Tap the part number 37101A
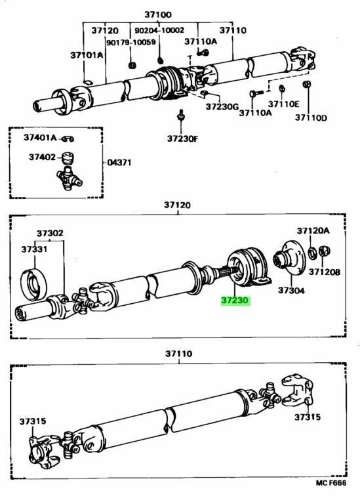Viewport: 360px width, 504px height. [x=86, y=55]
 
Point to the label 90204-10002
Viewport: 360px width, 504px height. [x=159, y=30]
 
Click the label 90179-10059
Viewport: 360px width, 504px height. [x=130, y=42]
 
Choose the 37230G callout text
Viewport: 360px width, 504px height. [x=222, y=105]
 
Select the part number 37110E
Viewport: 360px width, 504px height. [x=283, y=104]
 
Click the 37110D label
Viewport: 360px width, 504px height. [x=310, y=117]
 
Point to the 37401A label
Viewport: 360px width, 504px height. [x=41, y=137]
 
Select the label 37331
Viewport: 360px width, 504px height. [x=32, y=249]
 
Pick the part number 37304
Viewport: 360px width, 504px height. [x=290, y=289]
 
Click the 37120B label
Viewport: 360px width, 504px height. [x=325, y=271]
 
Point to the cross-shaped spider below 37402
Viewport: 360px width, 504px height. [x=70, y=178]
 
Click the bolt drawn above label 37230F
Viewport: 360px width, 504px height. [x=180, y=119]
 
